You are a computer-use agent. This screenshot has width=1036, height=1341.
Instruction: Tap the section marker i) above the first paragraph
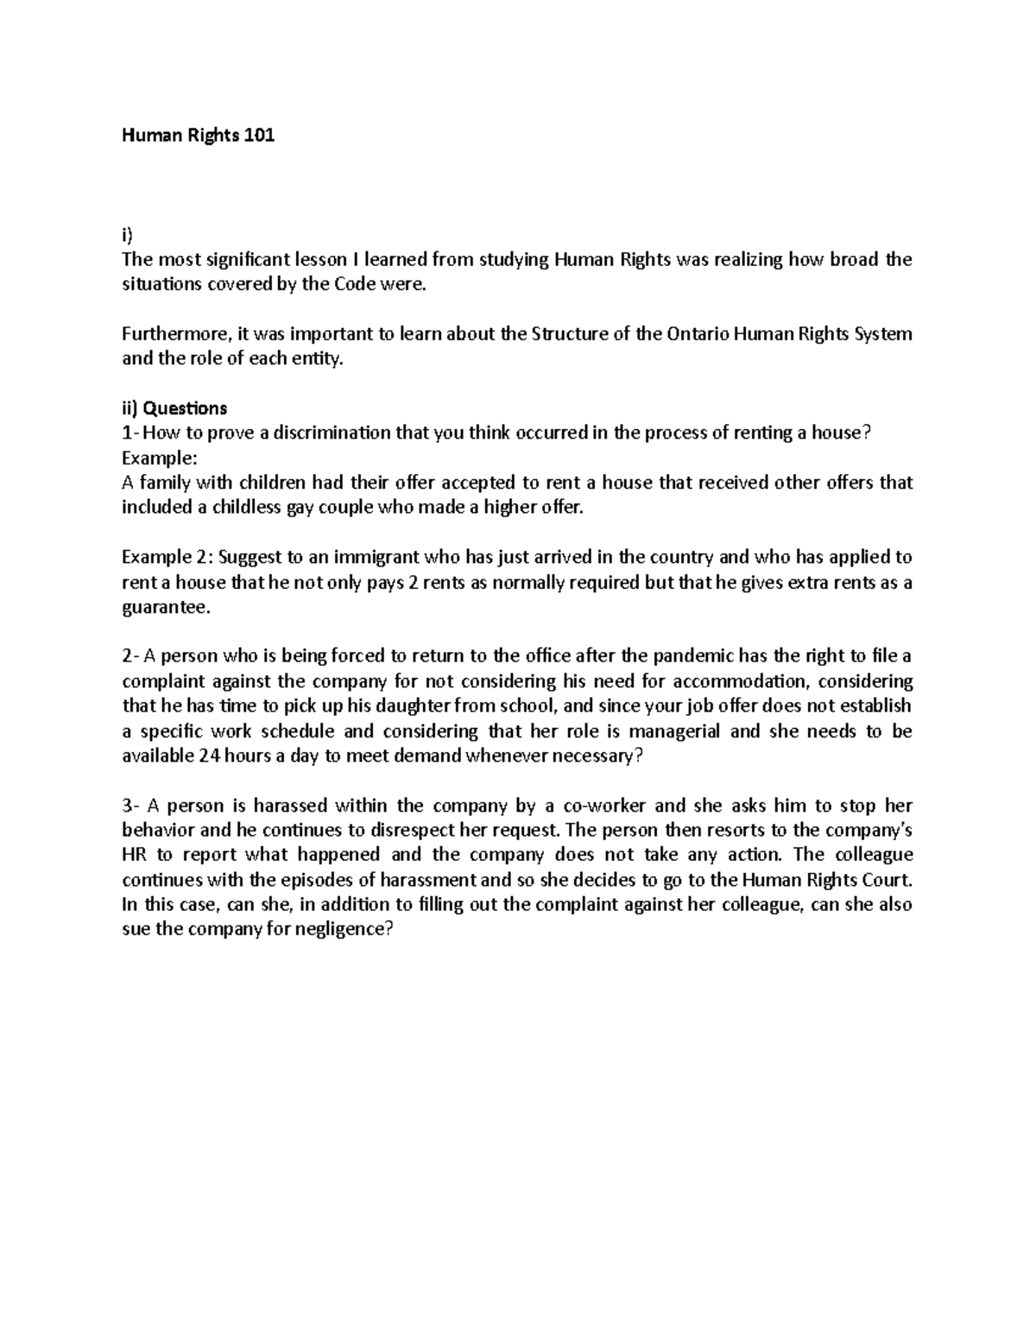[x=128, y=235]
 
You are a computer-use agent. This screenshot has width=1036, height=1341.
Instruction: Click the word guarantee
[x=164, y=607]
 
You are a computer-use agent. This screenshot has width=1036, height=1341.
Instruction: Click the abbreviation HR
[x=136, y=856]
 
